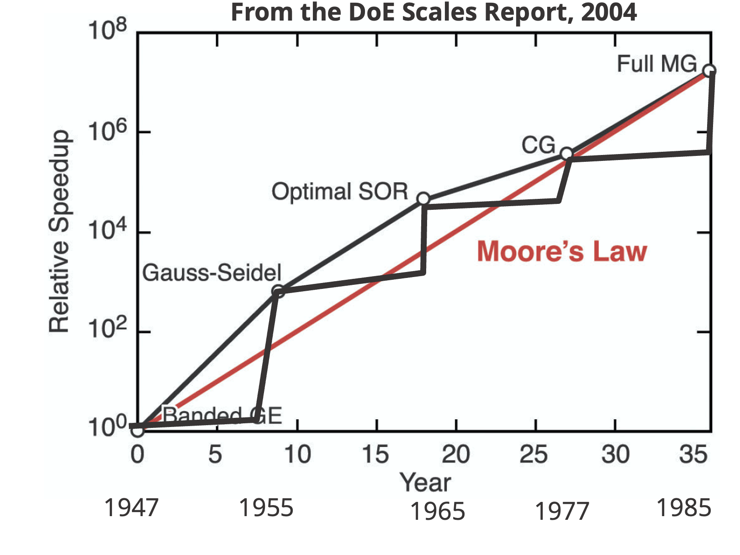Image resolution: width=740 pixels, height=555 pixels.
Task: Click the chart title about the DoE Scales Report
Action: (433, 12)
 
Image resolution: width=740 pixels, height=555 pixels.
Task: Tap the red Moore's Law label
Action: (562, 251)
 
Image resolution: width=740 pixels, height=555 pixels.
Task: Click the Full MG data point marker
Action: (709, 70)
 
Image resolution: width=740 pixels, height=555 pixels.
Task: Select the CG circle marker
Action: (566, 154)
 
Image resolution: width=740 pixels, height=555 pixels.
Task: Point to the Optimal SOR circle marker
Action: (423, 199)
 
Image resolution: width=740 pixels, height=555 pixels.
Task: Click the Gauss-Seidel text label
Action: (212, 273)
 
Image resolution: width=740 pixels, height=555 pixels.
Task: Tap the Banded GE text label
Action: (222, 415)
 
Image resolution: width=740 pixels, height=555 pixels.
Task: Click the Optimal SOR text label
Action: (340, 192)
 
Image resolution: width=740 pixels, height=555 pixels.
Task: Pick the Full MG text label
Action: (657, 64)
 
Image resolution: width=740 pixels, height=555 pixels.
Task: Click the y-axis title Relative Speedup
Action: (59, 231)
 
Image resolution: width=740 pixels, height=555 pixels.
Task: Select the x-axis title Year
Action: (425, 482)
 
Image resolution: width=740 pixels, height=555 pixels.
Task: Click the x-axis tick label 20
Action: (455, 454)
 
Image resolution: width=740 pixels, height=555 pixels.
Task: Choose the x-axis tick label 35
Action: (693, 454)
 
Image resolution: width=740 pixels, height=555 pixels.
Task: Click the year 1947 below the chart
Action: (132, 508)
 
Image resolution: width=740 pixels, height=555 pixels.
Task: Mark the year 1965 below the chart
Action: (438, 512)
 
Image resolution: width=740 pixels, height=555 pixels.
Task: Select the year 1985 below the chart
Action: (684, 508)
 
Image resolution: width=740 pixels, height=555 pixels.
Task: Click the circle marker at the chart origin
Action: (137, 430)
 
